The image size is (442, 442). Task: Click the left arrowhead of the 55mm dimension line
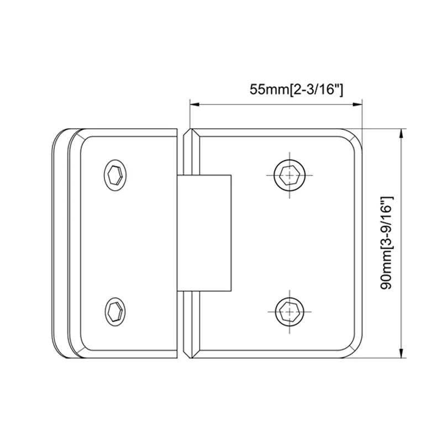tap(194, 103)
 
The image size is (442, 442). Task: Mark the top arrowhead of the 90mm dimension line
tap(402, 133)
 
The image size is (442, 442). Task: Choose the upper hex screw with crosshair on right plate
tap(288, 176)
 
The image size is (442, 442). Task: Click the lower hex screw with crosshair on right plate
tap(288, 312)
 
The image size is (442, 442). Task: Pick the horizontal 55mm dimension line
tap(276, 103)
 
